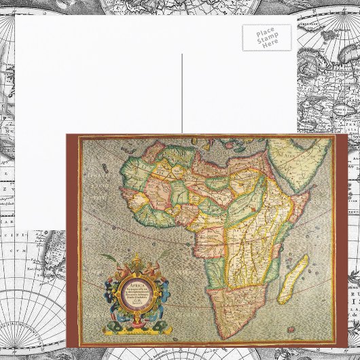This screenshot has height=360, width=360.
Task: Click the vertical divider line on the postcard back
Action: point(182,95)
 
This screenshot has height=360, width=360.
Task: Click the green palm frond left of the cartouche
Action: point(109,259)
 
